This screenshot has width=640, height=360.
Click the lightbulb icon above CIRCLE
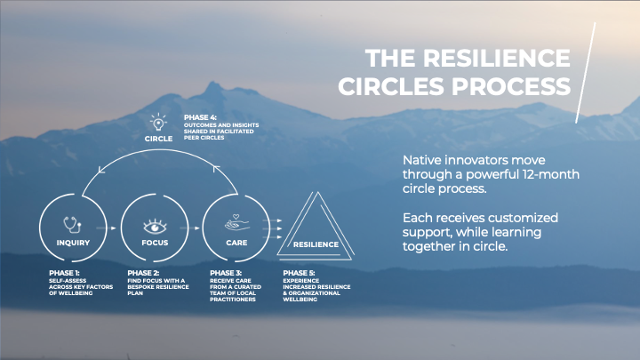[x=158, y=121]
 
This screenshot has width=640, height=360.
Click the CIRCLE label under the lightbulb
[x=158, y=139]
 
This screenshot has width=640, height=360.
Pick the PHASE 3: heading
[x=225, y=273]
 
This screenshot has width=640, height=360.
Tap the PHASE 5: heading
[x=299, y=273]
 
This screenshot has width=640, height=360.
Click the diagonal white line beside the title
[x=588, y=71]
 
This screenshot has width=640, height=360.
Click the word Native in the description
[x=423, y=159]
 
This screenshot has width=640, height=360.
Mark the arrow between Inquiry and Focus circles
[x=112, y=229]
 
